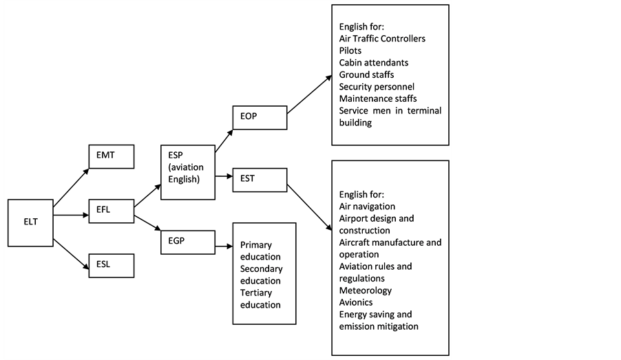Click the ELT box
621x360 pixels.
[30, 223]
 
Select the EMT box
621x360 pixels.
[112, 156]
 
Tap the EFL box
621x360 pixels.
[112, 211]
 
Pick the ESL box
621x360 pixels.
[112, 266]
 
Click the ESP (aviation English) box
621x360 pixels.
[188, 172]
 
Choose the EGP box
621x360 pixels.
[188, 242]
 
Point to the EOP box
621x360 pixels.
[260, 118]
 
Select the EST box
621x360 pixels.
[260, 180]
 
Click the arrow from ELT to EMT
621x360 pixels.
[71, 188]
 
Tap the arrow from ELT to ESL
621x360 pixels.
[71, 254]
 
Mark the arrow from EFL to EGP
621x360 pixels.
[147, 223]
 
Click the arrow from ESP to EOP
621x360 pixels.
[224, 140]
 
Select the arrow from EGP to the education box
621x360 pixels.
[224, 246]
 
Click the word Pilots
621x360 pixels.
[350, 51]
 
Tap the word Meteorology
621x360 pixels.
[365, 290]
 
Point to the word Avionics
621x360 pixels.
[356, 303]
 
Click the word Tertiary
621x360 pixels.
[256, 293]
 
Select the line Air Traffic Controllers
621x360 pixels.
[382, 39]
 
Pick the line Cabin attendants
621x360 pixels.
[373, 63]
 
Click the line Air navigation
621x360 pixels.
[367, 207]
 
